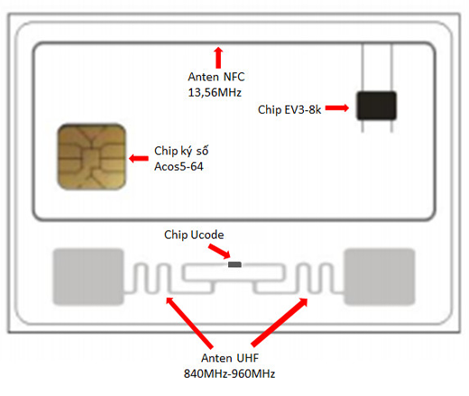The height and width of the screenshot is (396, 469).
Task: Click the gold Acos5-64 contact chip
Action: coord(91,156)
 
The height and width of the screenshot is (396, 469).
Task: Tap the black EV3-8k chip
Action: coord(376,106)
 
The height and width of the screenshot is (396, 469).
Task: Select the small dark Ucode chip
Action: coord(234,264)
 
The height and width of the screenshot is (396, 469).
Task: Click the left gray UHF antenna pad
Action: coord(88,277)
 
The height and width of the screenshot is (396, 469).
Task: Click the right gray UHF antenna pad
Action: coord(380,277)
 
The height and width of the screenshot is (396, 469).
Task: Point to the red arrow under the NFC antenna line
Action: coord(218,58)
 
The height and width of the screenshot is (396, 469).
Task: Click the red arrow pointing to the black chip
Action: coord(337,107)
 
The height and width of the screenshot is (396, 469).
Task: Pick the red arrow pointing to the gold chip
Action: coord(139,158)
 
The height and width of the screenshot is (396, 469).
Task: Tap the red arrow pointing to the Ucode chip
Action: coord(219,252)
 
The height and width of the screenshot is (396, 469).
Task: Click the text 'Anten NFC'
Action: coord(216,77)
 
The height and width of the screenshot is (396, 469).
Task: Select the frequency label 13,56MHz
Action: coord(215,92)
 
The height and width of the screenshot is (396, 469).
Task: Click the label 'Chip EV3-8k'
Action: coord(290,110)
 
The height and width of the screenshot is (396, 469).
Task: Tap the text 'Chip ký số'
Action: coord(181,151)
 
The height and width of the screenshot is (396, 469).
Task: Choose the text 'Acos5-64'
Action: coord(179,166)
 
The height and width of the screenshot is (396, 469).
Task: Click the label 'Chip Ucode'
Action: coord(194,235)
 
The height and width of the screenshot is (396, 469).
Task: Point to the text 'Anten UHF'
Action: coord(230,358)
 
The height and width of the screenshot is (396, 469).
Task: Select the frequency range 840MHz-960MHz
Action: coord(229,373)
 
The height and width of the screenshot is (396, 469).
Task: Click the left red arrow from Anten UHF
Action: coord(189,322)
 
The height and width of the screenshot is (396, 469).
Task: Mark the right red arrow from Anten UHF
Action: coord(280,322)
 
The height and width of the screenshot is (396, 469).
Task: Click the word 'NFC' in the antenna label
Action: coord(234,77)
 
